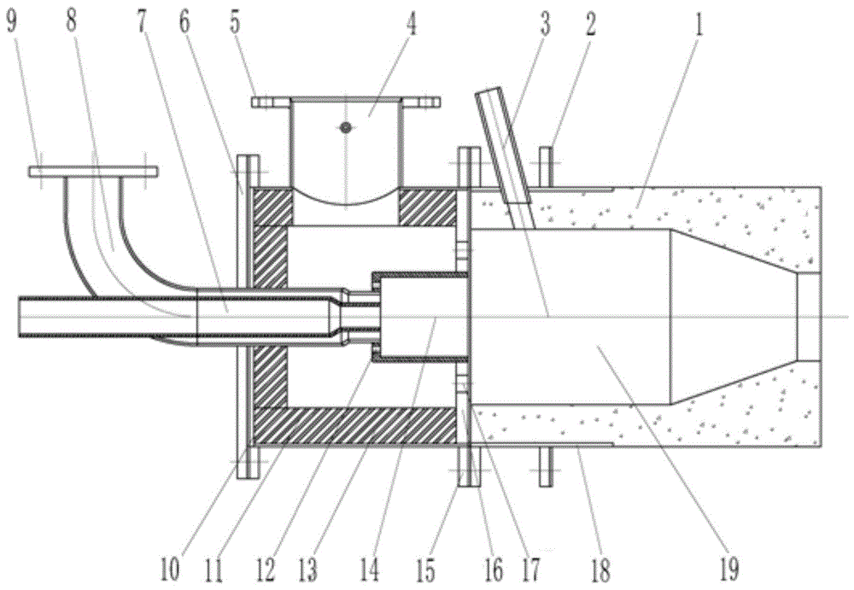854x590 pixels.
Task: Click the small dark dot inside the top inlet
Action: point(345,127)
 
